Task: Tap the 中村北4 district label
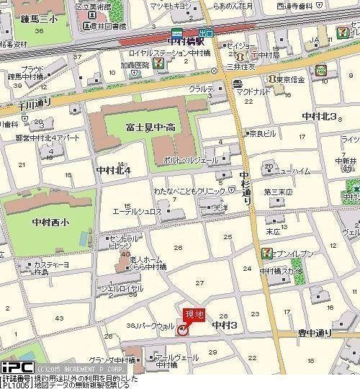coord(113,171)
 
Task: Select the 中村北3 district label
coord(319,116)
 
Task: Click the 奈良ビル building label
coord(262,133)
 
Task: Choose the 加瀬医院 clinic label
coord(136,63)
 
